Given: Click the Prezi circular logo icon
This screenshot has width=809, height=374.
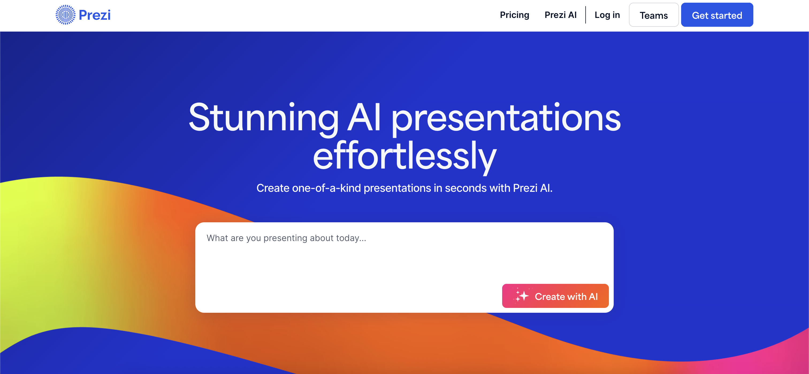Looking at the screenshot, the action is pyautogui.click(x=65, y=15).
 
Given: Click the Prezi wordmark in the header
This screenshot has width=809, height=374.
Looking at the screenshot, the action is pyautogui.click(x=94, y=15).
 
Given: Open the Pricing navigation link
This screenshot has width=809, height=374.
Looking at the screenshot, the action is pyautogui.click(x=514, y=15).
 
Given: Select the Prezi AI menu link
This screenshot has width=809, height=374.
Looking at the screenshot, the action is pyautogui.click(x=560, y=15).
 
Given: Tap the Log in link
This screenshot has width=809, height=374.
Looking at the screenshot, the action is pyautogui.click(x=607, y=15).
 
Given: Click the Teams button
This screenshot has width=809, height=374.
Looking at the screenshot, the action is pyautogui.click(x=654, y=15).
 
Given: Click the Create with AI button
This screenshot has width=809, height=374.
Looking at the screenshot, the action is pyautogui.click(x=555, y=296).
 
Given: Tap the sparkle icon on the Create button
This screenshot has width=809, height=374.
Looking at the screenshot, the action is pyautogui.click(x=521, y=296).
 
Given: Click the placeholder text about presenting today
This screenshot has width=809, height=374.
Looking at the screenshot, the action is pyautogui.click(x=286, y=238).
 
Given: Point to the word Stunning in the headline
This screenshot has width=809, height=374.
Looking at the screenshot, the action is pyautogui.click(x=264, y=117).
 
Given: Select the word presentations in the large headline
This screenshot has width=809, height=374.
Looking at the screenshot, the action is pyautogui.click(x=506, y=118).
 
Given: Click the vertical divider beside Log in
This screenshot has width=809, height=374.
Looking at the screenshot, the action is pyautogui.click(x=586, y=15).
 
